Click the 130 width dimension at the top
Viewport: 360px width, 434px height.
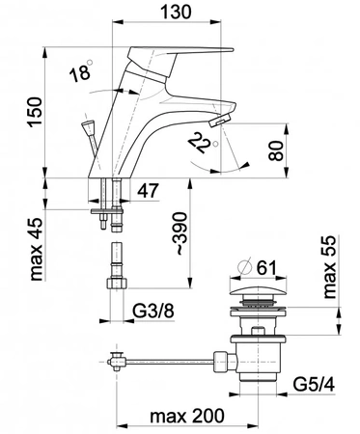(179, 12)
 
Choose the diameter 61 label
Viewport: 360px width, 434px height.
(265, 267)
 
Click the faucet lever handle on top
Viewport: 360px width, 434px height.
(189, 54)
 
